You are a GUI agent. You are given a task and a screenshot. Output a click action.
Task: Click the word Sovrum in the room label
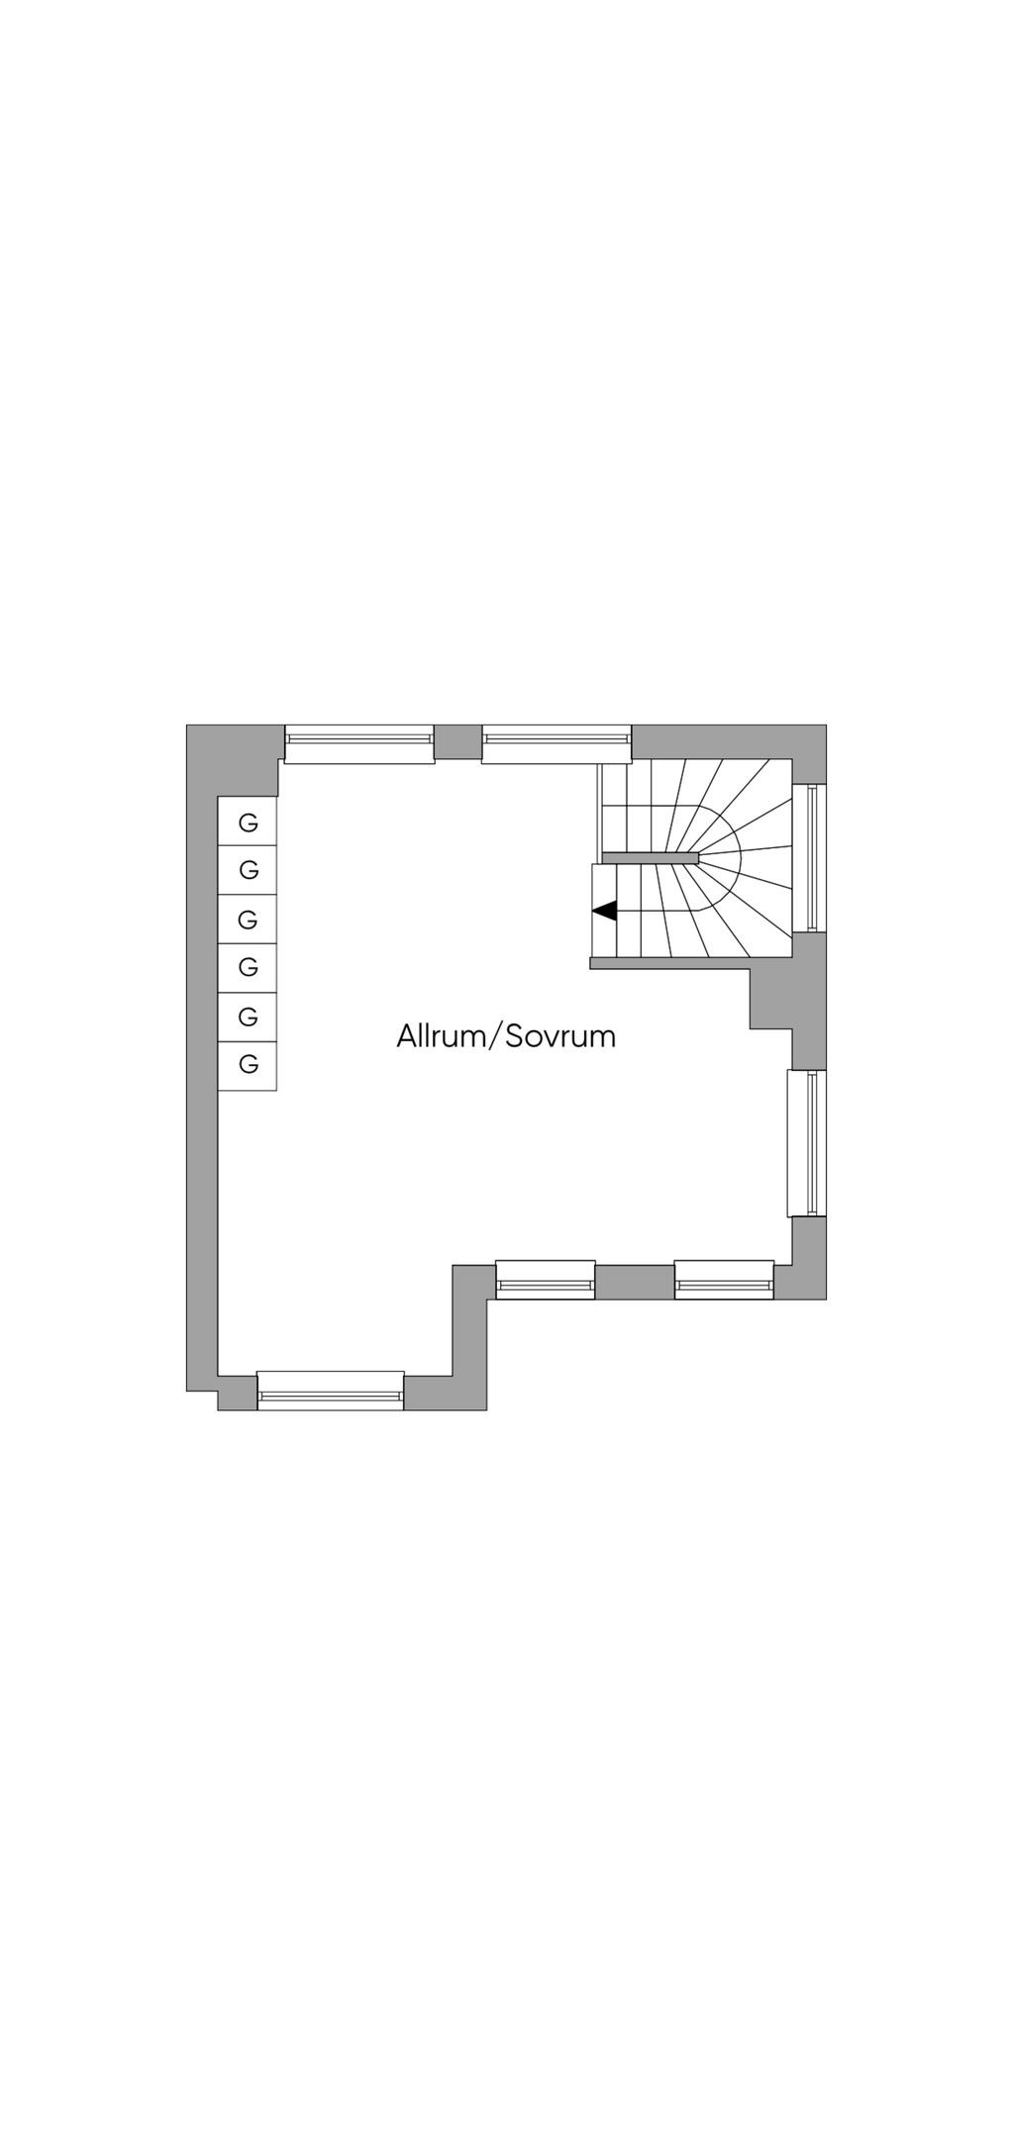(x=560, y=1036)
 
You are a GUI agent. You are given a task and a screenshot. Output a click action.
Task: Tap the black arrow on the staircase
(x=604, y=910)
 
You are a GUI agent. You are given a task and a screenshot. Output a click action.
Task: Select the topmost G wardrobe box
(x=248, y=821)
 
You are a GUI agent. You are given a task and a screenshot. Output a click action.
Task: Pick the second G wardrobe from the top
(x=248, y=869)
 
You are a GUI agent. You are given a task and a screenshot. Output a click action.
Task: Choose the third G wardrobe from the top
(x=248, y=919)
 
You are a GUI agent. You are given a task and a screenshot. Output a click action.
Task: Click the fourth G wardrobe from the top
(x=248, y=967)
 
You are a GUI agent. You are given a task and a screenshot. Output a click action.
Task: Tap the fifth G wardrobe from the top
(x=248, y=1017)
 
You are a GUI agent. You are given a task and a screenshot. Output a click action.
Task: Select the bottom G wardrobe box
(x=248, y=1066)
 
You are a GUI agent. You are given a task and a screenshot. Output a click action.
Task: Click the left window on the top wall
(x=359, y=743)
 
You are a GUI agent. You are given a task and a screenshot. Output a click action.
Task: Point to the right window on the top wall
(x=557, y=743)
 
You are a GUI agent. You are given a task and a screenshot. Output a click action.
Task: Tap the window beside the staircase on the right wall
(x=810, y=857)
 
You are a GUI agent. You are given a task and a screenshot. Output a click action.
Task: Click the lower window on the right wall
(x=807, y=1143)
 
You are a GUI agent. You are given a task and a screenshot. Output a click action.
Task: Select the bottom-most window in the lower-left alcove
(x=331, y=1390)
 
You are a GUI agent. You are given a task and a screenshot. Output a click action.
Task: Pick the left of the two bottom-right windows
(x=546, y=1279)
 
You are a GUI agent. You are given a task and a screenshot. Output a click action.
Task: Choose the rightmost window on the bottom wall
(x=724, y=1279)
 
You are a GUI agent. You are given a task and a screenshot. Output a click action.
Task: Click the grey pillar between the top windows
(x=458, y=741)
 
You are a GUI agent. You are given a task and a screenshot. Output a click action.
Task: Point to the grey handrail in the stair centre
(x=651, y=857)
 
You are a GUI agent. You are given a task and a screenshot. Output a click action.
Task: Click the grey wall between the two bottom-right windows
(x=635, y=1282)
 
